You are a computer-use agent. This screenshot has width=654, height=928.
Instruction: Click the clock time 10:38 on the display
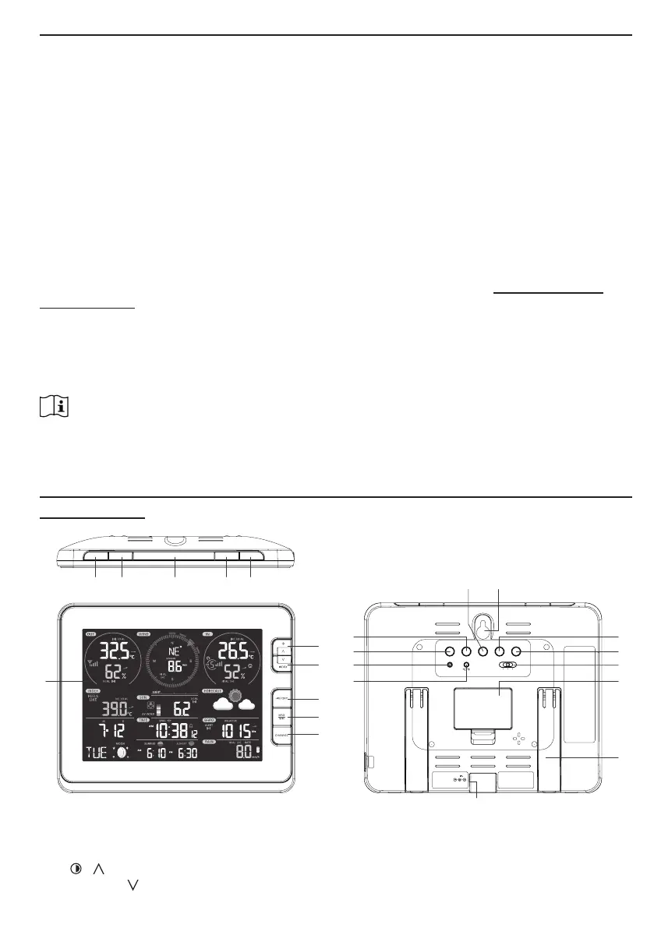(x=171, y=731)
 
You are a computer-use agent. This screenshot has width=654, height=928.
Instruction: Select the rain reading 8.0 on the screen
(x=246, y=753)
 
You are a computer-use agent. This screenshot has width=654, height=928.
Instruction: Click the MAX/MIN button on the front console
(x=281, y=717)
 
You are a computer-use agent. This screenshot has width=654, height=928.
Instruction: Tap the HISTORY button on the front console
(x=281, y=699)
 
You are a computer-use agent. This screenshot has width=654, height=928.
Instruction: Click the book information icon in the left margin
(x=54, y=407)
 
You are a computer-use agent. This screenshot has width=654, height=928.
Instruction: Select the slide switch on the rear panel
(x=508, y=665)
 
